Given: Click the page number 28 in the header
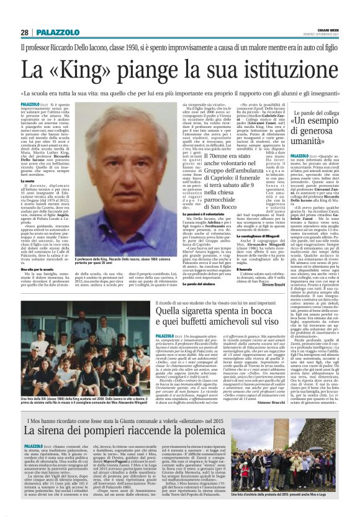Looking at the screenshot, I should point(24,32).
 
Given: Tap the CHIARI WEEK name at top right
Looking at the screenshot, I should point(326,29).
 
